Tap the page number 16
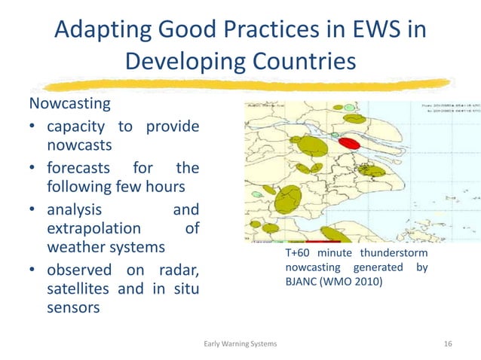tap(448, 343)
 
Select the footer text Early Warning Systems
tap(240, 343)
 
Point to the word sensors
tap(72, 308)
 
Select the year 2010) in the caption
tap(368, 282)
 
